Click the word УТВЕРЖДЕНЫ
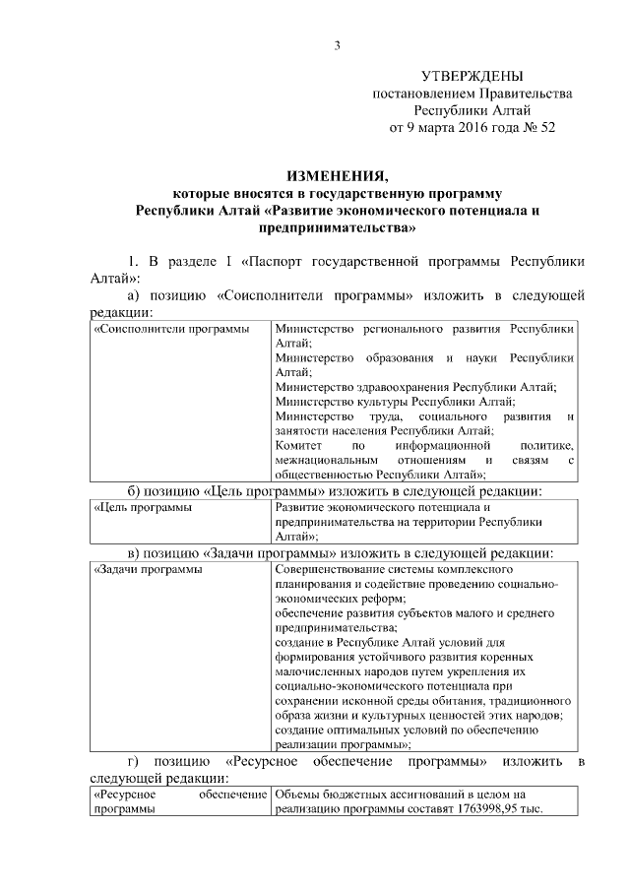pyautogui.click(x=472, y=76)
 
